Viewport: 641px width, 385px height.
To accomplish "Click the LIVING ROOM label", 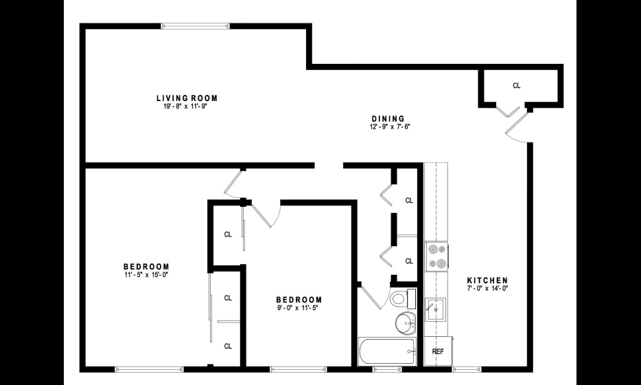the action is tap(187, 98).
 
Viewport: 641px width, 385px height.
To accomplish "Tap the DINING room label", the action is tap(388, 119).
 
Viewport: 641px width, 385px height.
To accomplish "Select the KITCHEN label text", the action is tap(487, 280).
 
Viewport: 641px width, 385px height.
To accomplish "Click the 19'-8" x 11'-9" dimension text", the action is tap(186, 107).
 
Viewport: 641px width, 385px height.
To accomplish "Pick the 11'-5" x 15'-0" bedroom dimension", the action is tap(146, 274).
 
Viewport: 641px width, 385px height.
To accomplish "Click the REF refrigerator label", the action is tap(438, 351).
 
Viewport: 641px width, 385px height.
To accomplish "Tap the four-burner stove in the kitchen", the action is tap(436, 256).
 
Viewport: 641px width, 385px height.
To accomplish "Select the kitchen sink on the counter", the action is tap(435, 309).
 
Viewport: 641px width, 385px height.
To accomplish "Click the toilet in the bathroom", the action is tap(403, 298).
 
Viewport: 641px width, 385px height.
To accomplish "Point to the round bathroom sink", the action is tap(406, 323).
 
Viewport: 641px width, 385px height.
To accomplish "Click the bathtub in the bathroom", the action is tap(386, 351).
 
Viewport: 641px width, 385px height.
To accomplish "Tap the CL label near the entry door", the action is tap(517, 86).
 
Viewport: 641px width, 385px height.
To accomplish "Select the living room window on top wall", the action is tap(196, 26).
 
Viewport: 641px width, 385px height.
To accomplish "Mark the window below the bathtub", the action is tap(386, 369).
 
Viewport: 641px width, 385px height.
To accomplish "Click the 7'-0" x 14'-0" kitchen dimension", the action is tap(487, 288).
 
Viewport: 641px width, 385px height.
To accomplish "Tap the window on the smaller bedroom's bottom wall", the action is tap(299, 369).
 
